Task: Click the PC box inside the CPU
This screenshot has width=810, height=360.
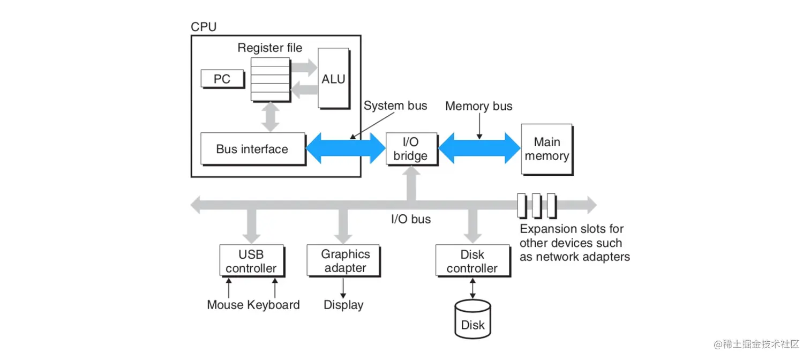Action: click(x=222, y=79)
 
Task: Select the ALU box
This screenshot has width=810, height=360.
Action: click(x=333, y=78)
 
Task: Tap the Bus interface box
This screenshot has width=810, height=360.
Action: click(x=252, y=149)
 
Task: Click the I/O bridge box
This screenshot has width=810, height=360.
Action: click(x=411, y=149)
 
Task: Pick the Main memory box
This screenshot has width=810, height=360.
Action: click(x=546, y=149)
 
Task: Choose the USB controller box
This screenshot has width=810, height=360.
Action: click(x=251, y=261)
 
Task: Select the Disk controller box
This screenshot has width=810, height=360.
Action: click(x=472, y=261)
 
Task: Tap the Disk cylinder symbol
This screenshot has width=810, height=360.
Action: click(x=472, y=319)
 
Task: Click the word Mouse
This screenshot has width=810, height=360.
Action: click(x=226, y=305)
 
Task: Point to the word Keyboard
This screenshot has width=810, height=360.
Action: click(x=274, y=305)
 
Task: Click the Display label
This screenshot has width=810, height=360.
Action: click(x=343, y=305)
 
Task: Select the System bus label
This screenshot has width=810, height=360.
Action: click(x=395, y=106)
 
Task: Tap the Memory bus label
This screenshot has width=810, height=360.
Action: click(x=478, y=106)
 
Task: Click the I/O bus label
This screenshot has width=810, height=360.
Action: click(x=410, y=219)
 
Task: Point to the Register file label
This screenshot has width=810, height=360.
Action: click(x=269, y=48)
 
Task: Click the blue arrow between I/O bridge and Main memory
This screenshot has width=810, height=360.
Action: click(x=479, y=148)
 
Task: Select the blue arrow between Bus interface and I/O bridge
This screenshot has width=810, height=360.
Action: click(x=346, y=148)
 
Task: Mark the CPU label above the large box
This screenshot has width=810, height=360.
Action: click(x=204, y=27)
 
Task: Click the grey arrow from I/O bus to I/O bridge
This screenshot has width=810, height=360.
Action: click(x=411, y=183)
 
